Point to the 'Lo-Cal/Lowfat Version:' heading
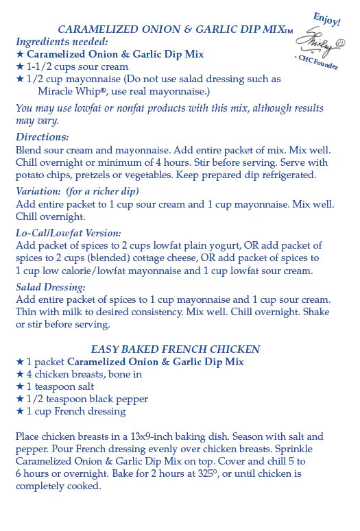pos(69,233)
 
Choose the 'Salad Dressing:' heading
pos(51,287)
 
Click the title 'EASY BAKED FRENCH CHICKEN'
pos(175,349)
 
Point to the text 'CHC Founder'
pos(317,66)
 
